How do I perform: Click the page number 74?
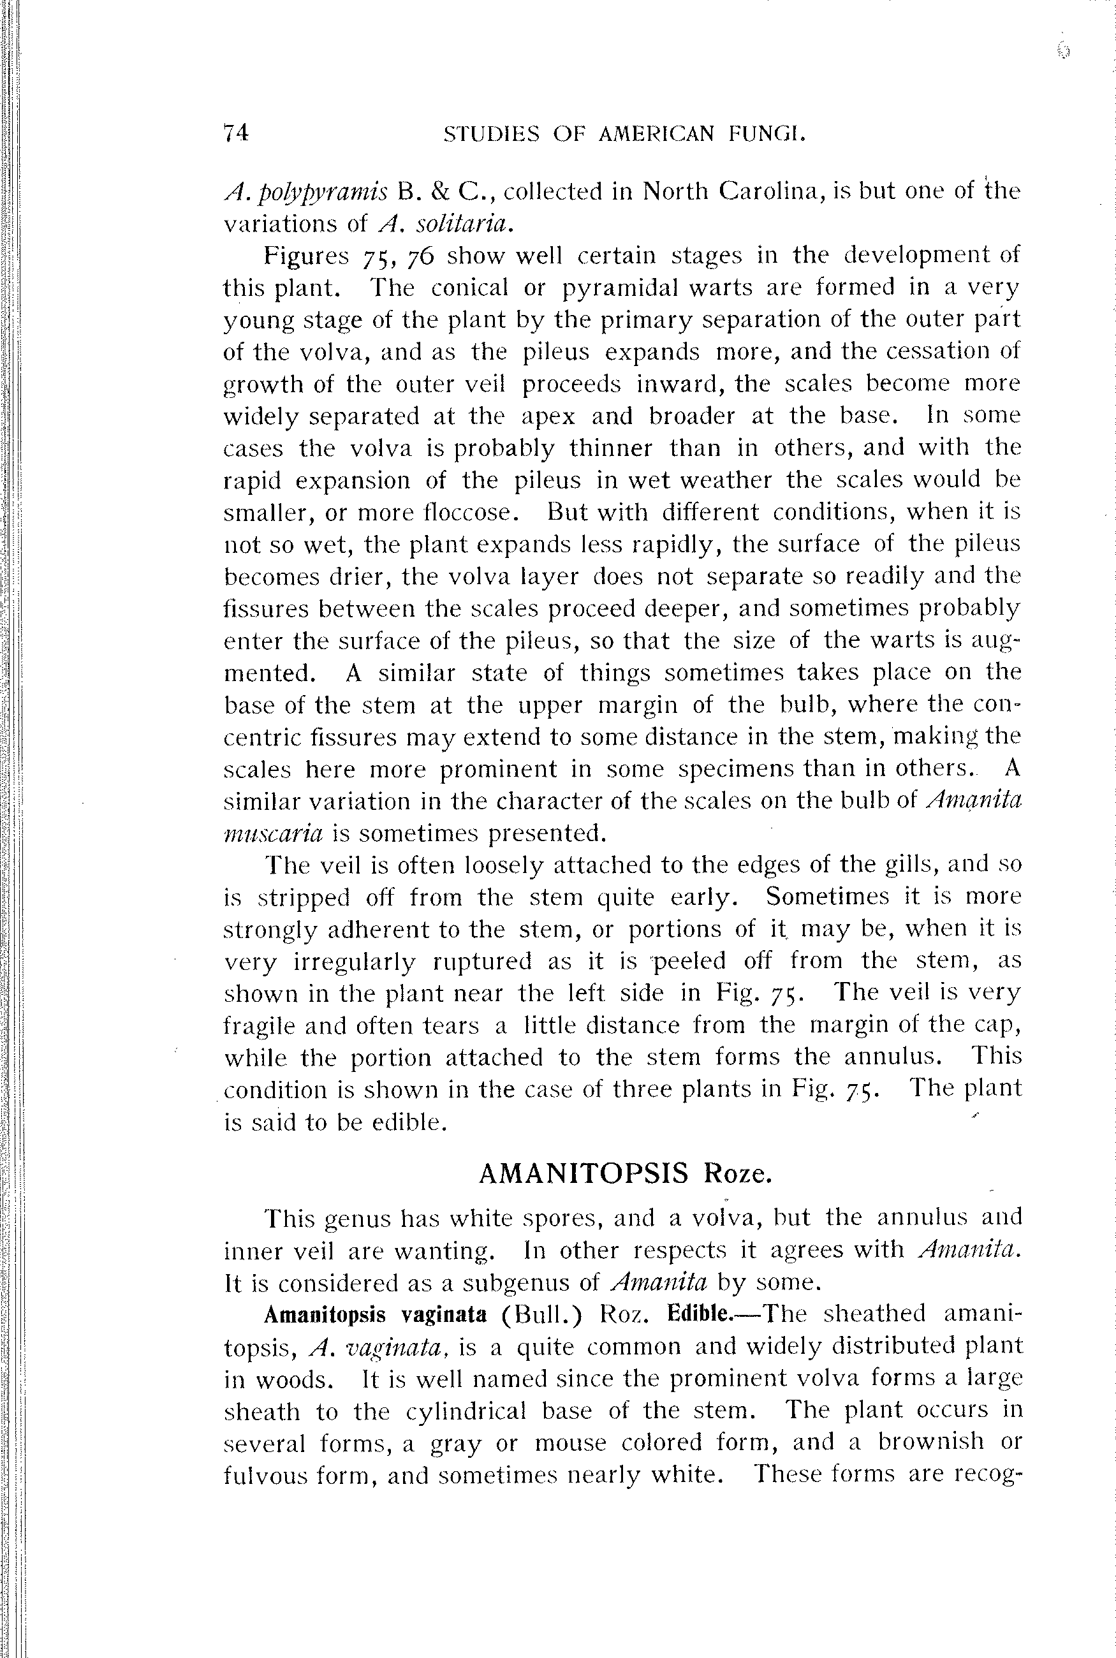[x=235, y=133]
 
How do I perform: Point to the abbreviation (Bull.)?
[x=541, y=1314]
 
